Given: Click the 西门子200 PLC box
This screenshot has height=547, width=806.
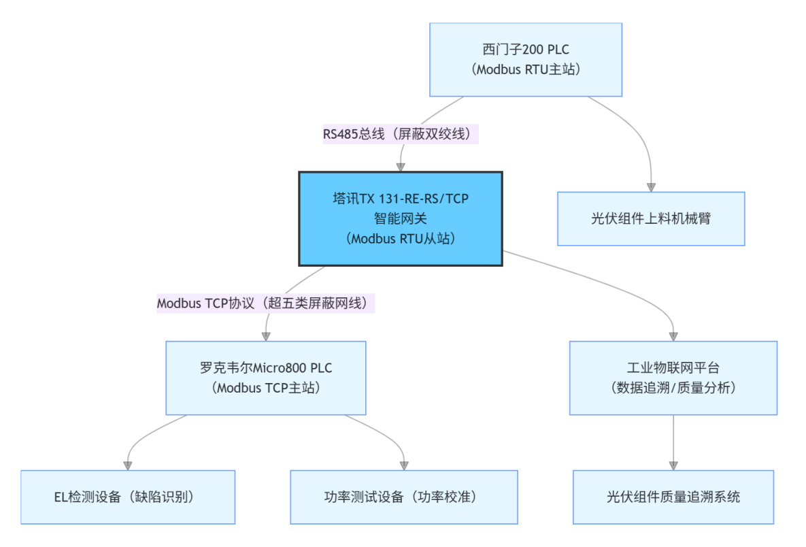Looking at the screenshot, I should point(526,59).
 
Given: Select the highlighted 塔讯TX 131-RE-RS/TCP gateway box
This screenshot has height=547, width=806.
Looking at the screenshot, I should point(401,218).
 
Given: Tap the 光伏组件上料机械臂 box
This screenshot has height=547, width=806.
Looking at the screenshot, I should point(651,218).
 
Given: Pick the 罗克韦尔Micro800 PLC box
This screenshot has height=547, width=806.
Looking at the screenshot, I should point(266,378).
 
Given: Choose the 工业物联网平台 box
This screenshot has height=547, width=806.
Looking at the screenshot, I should point(673,378).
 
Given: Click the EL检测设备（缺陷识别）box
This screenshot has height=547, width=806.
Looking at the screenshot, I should point(127,497).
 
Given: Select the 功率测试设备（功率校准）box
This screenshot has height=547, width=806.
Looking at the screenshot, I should point(404,497).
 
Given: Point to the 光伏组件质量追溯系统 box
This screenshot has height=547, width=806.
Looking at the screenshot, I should point(673,497).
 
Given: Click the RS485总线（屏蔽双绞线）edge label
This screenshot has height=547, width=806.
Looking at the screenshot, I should point(401,134).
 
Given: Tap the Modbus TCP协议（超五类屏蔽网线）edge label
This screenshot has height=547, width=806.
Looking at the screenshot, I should point(266,303).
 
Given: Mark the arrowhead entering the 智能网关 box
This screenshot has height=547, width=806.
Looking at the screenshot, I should point(401,166).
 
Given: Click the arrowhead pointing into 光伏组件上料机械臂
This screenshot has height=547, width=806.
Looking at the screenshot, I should point(651,186).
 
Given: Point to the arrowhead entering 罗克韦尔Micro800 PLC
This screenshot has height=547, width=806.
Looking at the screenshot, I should point(266,335).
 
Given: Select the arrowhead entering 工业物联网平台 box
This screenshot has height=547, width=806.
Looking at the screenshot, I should point(673,335).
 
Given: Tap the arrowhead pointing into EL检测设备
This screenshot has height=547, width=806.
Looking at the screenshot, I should point(127,465).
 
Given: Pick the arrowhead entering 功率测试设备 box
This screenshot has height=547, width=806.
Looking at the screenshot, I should point(404,465).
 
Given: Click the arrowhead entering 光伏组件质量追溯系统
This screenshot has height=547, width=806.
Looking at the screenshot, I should point(673,465).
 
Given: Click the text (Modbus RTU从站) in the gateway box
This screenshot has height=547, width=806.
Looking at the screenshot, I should point(401,239).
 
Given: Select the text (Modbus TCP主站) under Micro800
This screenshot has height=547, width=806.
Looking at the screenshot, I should point(266,388).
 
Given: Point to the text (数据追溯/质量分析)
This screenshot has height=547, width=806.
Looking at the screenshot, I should point(673,388).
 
